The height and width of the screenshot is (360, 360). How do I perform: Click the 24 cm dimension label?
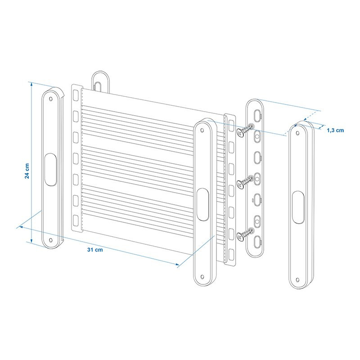tap(27, 171)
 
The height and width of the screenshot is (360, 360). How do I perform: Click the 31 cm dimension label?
tap(95, 250)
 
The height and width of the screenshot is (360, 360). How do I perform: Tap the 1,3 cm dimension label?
tap(335, 130)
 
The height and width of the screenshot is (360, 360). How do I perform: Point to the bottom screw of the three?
tap(245, 234)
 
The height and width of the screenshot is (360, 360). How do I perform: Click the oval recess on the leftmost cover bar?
tap(50, 170)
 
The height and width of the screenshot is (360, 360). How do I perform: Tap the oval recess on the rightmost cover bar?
tap(298, 207)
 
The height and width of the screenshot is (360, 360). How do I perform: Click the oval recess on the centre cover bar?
tap(203, 204)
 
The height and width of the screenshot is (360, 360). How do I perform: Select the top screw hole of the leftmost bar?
tap(51, 99)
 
